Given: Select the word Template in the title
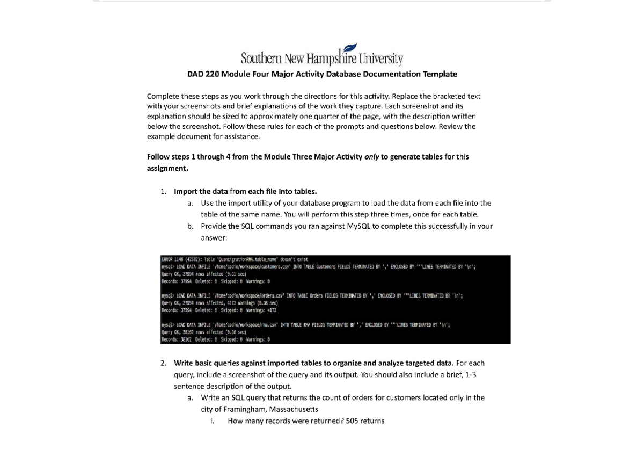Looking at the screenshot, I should (440, 74).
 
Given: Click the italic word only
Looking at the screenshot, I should (371, 157).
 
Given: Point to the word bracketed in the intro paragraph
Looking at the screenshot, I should (447, 96).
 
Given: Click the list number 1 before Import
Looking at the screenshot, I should (163, 192).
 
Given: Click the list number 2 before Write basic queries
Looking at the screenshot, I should (163, 363).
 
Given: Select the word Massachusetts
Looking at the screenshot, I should (294, 409).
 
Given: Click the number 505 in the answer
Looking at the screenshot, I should (352, 421).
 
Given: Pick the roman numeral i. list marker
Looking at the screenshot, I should (212, 421).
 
